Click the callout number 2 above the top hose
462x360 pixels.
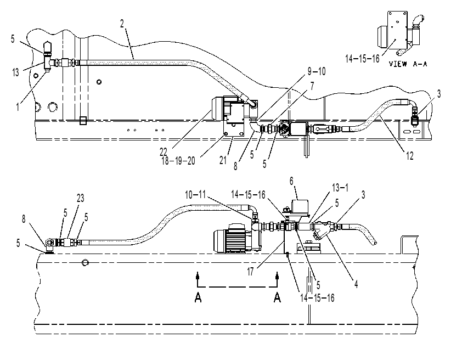(x=122, y=24)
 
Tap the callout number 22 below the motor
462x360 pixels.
(x=164, y=152)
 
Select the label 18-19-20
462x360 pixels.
(x=178, y=161)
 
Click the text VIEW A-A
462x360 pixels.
(x=408, y=64)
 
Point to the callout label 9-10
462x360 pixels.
(x=317, y=71)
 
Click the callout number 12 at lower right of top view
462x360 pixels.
(x=410, y=155)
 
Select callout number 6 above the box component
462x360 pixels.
(x=291, y=181)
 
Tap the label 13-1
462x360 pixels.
(x=340, y=187)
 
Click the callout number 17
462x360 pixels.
(x=250, y=272)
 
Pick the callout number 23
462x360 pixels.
(x=81, y=198)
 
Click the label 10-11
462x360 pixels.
(x=195, y=195)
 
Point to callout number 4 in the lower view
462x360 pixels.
(x=356, y=284)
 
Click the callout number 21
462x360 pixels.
(x=223, y=160)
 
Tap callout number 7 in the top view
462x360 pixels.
(x=312, y=86)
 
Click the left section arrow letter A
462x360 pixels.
(x=198, y=297)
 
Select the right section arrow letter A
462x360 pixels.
(x=277, y=297)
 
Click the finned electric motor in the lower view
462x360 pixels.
(x=233, y=238)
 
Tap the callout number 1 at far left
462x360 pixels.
(x=18, y=106)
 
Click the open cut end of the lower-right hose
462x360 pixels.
(x=374, y=242)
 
